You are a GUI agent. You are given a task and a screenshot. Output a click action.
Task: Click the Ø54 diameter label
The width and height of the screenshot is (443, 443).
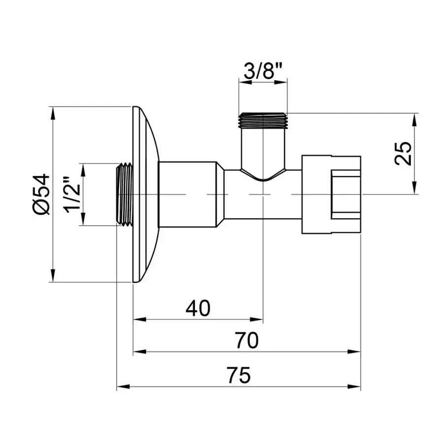click(x=42, y=194)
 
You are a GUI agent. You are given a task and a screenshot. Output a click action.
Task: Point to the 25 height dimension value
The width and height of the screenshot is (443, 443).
click(x=403, y=154)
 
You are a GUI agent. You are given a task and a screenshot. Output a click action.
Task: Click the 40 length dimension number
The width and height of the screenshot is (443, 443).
click(x=198, y=308)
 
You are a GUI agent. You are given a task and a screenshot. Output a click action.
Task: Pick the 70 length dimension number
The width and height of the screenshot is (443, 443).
click(x=247, y=340)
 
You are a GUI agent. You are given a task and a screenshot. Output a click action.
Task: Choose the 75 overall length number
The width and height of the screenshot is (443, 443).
click(x=239, y=375)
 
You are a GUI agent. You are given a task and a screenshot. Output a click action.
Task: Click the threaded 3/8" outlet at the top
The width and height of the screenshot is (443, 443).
click(x=263, y=121)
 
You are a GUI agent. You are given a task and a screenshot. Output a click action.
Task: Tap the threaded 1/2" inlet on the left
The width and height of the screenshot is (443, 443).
click(x=125, y=194)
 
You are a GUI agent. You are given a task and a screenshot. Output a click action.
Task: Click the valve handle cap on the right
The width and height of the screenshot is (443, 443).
click(x=331, y=194)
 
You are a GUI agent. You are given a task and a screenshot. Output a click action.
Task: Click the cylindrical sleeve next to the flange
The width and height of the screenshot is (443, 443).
click(x=187, y=194)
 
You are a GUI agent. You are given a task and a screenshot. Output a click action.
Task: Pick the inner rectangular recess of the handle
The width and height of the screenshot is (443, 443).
click(x=346, y=194)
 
